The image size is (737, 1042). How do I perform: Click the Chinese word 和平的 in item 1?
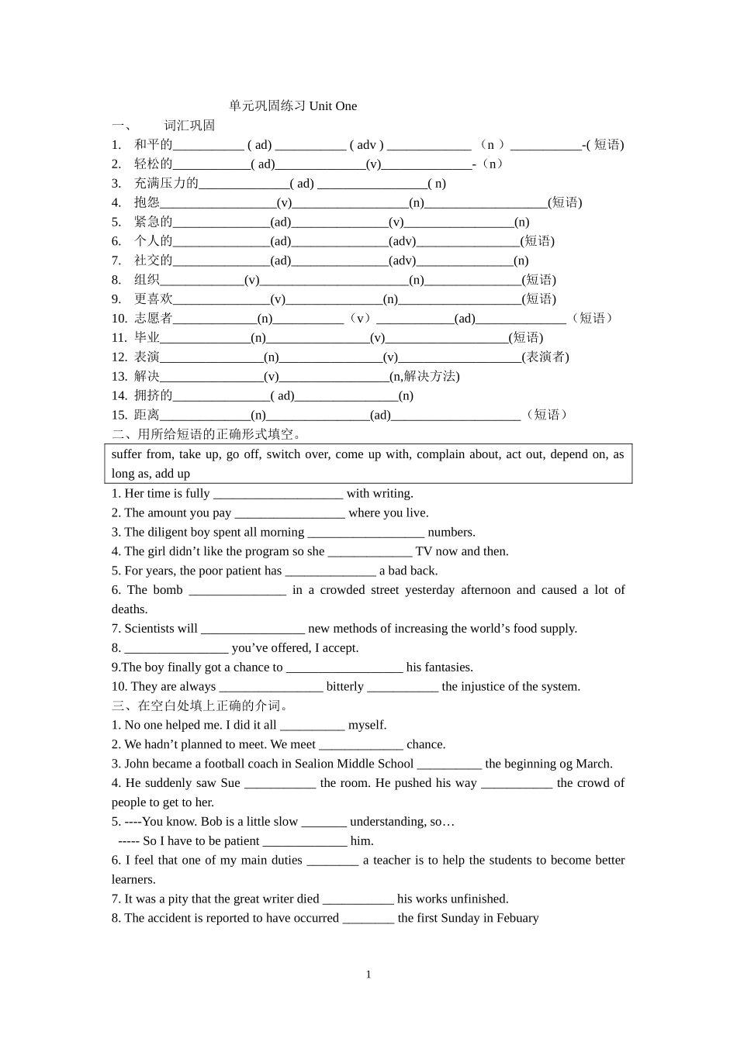(153, 145)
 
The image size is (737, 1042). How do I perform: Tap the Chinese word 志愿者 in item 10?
(153, 319)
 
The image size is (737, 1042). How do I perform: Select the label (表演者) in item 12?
(545, 357)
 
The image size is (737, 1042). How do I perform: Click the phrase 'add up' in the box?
(172, 474)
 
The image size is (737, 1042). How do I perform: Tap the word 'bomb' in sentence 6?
(168, 590)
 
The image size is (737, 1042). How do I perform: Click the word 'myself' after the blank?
(367, 726)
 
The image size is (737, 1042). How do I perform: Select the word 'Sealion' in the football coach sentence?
(314, 764)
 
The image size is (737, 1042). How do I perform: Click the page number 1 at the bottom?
(368, 975)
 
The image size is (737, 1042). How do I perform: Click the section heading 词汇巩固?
(189, 126)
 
